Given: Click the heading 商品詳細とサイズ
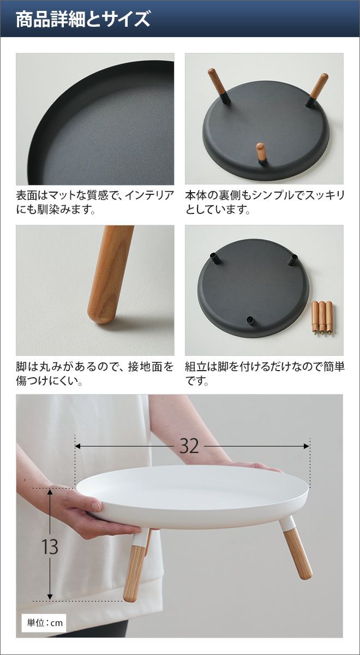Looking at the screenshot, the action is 83,19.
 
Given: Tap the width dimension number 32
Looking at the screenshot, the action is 189,446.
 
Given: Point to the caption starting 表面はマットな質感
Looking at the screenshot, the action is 95,202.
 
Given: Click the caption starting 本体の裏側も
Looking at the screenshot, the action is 265,202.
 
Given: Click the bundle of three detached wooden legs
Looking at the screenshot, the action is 322,318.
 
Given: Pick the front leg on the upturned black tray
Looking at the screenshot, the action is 261,152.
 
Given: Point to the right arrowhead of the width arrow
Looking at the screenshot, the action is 306,446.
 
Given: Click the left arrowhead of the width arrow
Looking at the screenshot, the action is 79,446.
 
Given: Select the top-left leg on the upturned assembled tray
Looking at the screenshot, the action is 219,85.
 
